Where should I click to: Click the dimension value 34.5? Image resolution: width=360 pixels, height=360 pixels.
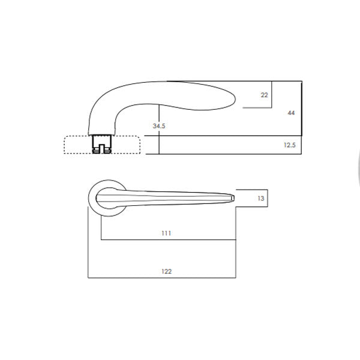click(158, 127)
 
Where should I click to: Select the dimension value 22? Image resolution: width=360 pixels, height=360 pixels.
click(264, 95)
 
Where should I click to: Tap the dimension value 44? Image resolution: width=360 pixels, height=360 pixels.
click(290, 113)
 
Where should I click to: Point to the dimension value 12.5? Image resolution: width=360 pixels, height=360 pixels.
click(289, 145)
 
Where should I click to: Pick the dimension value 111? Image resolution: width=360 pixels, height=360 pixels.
click(166, 233)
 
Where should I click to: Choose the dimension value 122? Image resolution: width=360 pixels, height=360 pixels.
click(166, 271)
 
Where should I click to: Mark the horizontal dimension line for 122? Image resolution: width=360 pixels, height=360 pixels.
click(162, 278)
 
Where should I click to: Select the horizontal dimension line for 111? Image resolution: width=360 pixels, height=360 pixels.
click(168, 240)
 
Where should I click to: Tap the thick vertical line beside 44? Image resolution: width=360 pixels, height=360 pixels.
click(301, 117)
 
